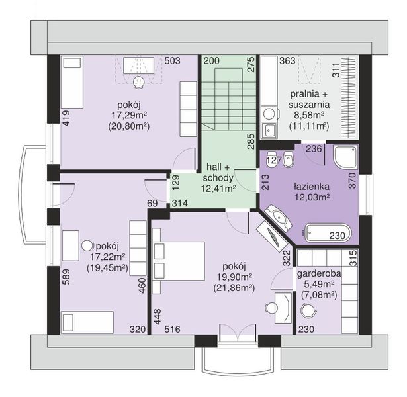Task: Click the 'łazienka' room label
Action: point(312,187)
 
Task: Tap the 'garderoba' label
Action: point(319,274)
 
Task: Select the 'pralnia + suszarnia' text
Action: point(309,99)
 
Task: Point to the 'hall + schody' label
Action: point(218,173)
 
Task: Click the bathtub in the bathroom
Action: point(328,232)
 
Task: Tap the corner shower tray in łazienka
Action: point(346,157)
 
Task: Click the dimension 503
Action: point(172,60)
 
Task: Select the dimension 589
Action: point(66,277)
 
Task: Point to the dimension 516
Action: point(172,329)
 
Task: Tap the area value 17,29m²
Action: point(129,115)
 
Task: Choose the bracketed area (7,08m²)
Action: point(319,295)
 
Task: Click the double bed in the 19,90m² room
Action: point(179,261)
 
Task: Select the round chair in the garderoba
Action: point(308,310)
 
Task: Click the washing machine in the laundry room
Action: point(269,114)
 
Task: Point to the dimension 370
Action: point(353,181)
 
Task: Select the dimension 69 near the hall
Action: point(152,203)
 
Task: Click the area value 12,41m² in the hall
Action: point(218,189)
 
